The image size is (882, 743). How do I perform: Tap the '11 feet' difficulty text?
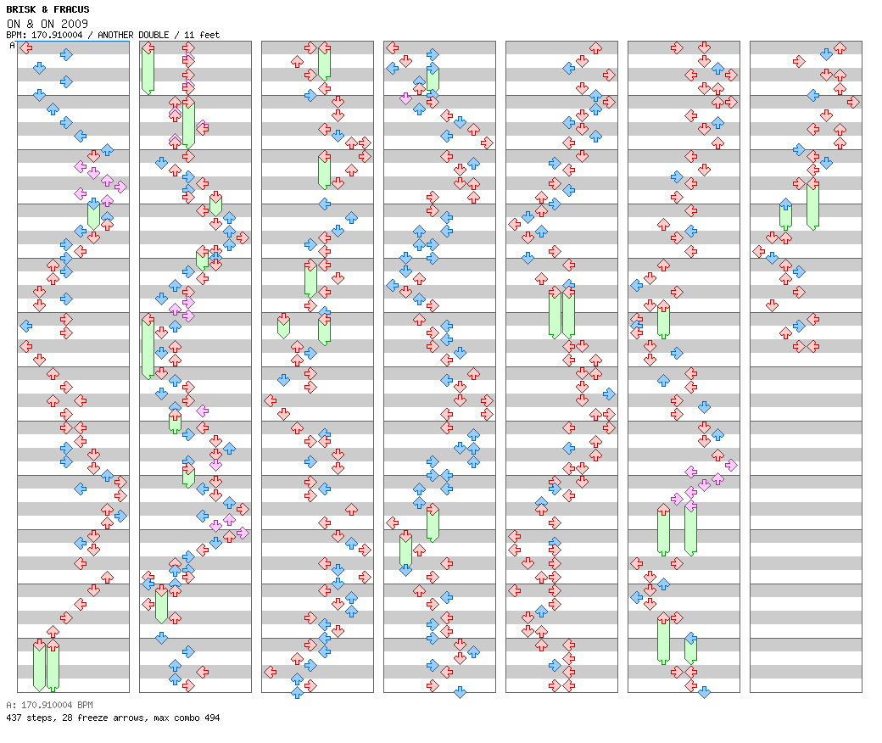[x=203, y=35]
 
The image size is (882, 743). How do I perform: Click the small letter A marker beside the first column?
[x=12, y=46]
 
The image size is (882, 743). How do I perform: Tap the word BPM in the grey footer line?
[x=81, y=705]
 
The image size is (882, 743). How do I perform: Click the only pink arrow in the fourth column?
[x=405, y=98]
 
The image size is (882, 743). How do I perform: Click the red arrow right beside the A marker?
[x=26, y=47]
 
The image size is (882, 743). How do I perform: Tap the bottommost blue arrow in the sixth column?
[x=704, y=692]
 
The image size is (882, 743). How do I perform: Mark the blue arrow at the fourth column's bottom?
[x=460, y=692]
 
